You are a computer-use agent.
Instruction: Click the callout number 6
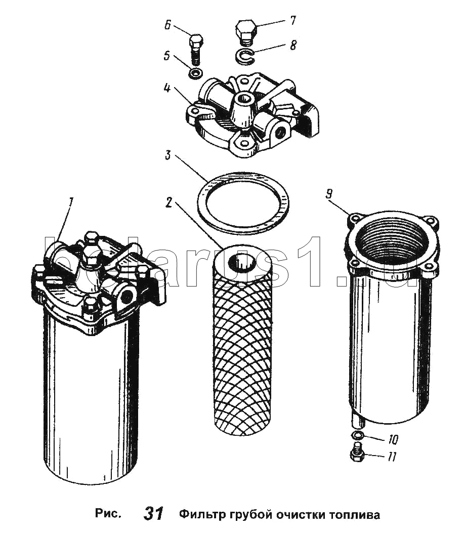tap(168, 25)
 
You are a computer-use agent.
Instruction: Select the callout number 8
tap(293, 45)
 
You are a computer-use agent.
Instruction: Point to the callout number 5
tap(167, 55)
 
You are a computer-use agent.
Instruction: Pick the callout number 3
tap(167, 156)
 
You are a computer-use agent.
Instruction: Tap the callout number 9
tap(329, 194)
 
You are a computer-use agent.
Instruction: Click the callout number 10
tap(392, 440)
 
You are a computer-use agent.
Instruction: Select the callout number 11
tap(391, 457)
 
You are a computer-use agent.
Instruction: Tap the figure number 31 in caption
tap(153, 514)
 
